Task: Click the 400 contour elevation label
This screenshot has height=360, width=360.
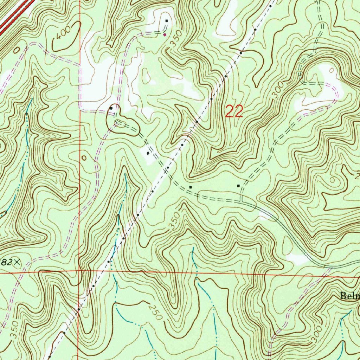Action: (x=64, y=33)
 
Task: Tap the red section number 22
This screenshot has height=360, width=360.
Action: (x=234, y=112)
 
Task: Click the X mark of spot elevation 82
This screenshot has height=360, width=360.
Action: (x=17, y=262)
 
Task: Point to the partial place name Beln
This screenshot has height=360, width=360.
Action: (x=349, y=296)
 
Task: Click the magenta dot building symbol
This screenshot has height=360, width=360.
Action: (x=165, y=35)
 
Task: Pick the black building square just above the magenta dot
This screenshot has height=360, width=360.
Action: (x=167, y=21)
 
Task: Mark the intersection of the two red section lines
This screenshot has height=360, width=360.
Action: (x=79, y=271)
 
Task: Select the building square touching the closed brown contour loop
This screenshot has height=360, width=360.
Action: (x=111, y=108)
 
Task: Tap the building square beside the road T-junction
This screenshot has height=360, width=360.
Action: (x=239, y=186)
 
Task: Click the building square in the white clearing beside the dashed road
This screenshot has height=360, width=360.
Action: (x=148, y=154)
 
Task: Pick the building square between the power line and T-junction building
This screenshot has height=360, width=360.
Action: (x=191, y=187)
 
